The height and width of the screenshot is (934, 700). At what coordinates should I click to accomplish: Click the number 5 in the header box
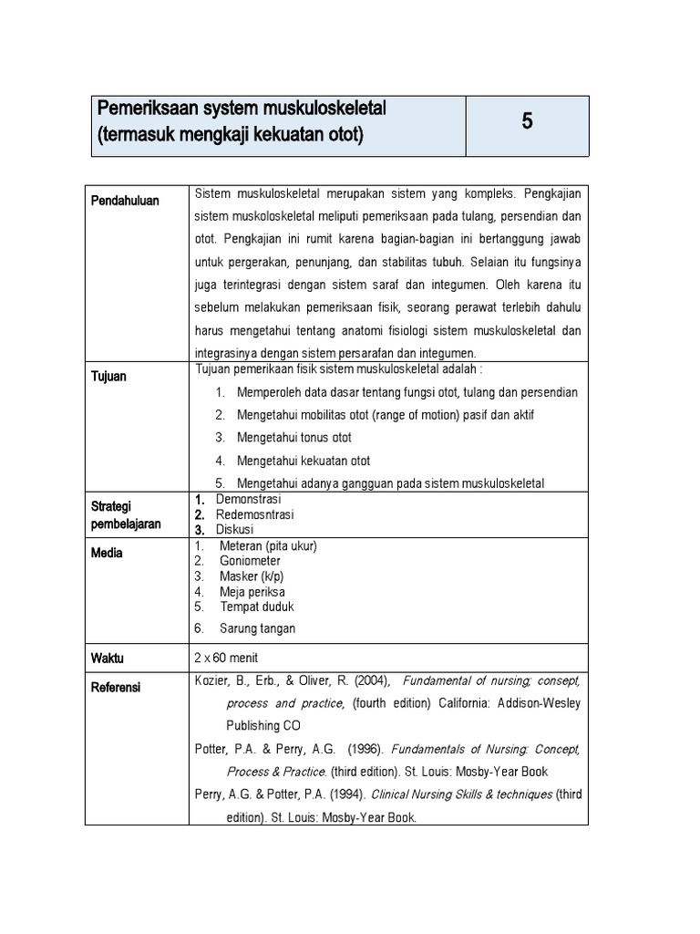point(527,122)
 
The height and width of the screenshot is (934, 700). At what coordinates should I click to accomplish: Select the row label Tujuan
point(109,377)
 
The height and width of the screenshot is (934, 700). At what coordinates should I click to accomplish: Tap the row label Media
point(107,553)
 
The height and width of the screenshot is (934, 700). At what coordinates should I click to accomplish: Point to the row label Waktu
point(108,658)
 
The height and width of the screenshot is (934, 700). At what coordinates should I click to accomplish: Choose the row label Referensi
point(116,687)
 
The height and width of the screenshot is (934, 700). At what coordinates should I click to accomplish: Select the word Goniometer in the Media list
point(250,561)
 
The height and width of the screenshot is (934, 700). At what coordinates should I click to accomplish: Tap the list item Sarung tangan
point(257,628)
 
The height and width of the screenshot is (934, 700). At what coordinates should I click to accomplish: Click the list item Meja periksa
point(252,592)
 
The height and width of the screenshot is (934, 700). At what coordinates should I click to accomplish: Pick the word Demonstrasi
point(248,499)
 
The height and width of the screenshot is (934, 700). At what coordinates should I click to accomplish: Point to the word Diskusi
point(234,529)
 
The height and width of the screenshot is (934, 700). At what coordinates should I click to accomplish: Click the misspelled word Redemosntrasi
point(254,514)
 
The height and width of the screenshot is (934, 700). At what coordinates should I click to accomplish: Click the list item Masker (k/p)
point(250,576)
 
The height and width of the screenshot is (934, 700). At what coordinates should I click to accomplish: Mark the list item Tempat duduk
point(256,607)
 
